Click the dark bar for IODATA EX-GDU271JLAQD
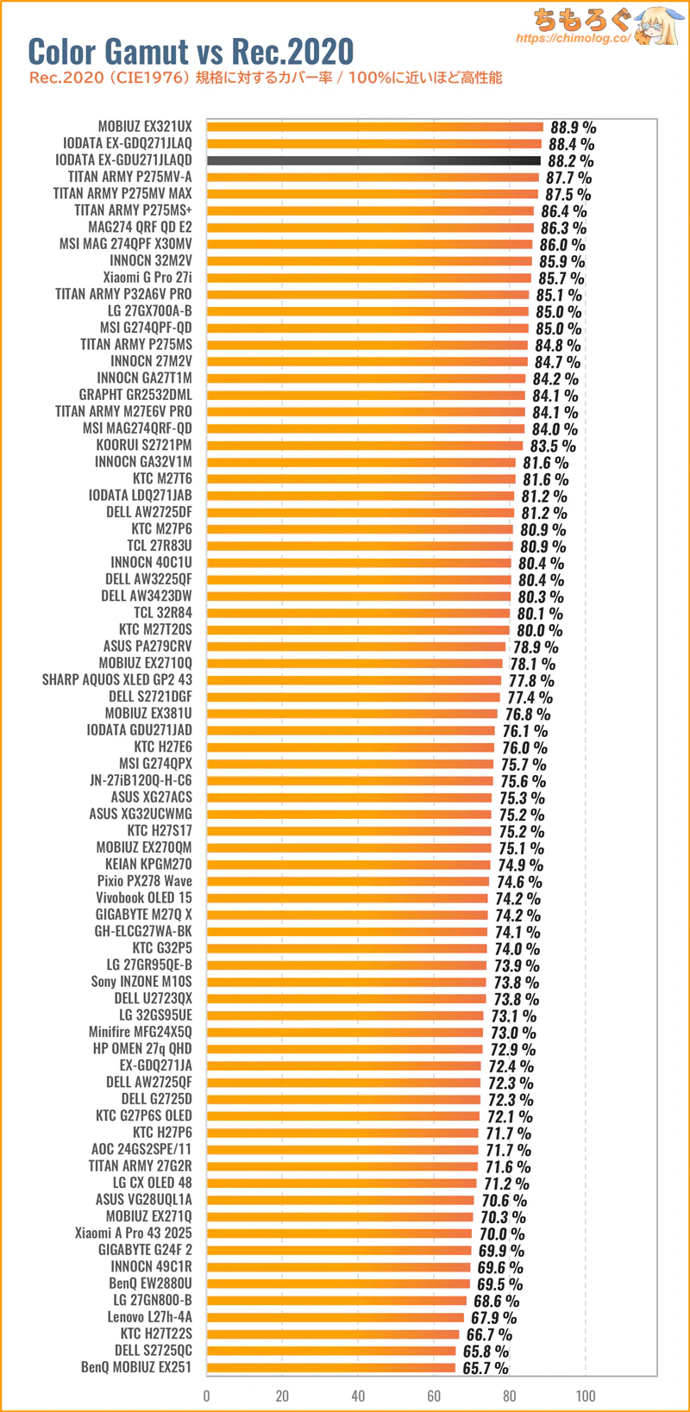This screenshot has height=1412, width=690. click(373, 160)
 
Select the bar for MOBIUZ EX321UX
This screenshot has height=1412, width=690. click(375, 127)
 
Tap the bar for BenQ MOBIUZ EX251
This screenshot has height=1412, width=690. click(330, 1367)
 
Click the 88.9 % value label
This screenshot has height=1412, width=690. click(573, 128)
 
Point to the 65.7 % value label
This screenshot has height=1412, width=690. click(486, 1368)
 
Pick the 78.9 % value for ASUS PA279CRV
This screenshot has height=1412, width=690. click(536, 647)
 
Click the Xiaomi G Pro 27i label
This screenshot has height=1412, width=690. click(147, 278)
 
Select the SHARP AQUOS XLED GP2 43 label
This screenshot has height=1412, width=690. click(117, 680)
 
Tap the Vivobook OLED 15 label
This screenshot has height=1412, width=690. click(144, 897)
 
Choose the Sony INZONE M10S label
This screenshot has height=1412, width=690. click(141, 981)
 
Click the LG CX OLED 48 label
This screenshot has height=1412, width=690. click(153, 1183)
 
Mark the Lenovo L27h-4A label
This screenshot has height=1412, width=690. click(149, 1317)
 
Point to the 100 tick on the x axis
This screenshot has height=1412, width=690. click(586, 1396)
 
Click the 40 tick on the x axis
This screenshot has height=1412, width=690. click(358, 1396)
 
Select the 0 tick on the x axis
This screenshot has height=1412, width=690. click(206, 1396)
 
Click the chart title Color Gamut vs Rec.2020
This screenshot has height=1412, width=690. click(191, 52)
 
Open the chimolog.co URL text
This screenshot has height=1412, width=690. click(573, 39)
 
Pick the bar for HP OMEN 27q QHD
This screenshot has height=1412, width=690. click(344, 1049)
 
